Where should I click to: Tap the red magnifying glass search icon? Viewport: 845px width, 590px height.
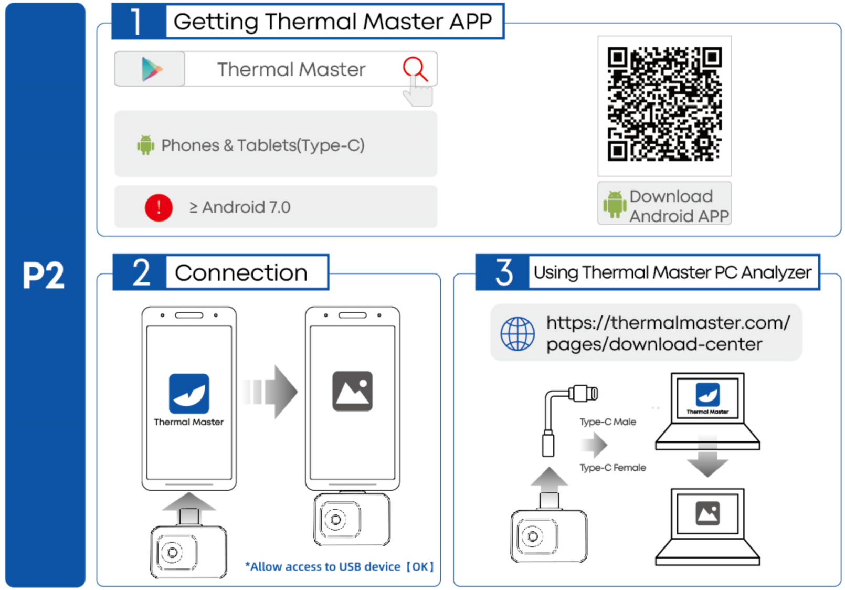[x=415, y=69]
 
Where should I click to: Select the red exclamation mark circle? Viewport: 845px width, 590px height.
[x=159, y=207]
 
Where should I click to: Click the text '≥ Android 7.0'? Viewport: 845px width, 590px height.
[x=240, y=207]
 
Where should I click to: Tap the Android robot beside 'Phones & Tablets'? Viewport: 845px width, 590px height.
[x=145, y=145]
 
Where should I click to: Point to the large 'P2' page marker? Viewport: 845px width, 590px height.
[x=43, y=275]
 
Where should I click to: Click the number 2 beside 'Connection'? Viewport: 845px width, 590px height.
[x=141, y=272]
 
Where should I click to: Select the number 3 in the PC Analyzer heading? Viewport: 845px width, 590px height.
[x=503, y=272]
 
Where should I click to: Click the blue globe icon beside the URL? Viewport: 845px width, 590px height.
[x=517, y=333]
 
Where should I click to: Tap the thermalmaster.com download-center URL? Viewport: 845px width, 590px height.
[x=667, y=333]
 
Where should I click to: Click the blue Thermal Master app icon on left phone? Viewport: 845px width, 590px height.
[x=189, y=393]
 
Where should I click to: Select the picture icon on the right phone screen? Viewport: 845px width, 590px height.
[x=352, y=391]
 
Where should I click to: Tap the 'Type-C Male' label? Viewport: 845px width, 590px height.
[x=607, y=422]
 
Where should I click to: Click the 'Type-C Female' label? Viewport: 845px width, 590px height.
[x=612, y=467]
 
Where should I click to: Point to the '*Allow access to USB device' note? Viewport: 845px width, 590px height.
[x=339, y=566]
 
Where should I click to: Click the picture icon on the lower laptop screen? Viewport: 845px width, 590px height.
[x=707, y=513]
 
